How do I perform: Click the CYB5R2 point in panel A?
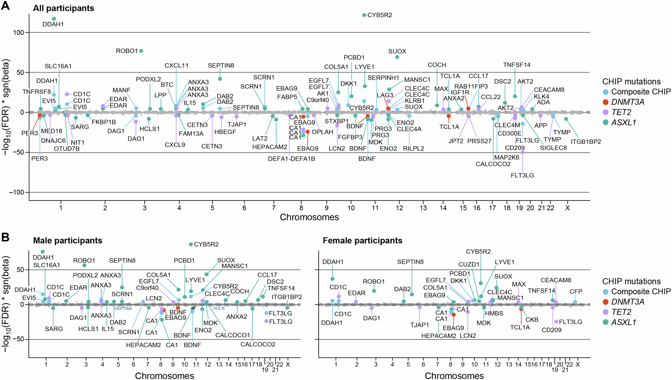[364, 15]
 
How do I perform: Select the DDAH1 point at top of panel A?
[54, 19]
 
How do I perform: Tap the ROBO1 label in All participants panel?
[127, 51]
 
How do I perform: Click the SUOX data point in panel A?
[397, 57]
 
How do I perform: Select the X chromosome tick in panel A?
[568, 208]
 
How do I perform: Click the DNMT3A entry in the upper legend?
[627, 102]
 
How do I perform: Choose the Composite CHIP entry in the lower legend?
[640, 292]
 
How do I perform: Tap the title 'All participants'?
[64, 8]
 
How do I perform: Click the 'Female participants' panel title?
[362, 241]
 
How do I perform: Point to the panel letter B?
[5, 238]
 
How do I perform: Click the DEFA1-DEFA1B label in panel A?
[291, 159]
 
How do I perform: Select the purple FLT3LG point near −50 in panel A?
[522, 153]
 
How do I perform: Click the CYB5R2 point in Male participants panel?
[191, 245]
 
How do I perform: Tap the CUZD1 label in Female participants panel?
[469, 265]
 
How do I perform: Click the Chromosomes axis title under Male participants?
[164, 376]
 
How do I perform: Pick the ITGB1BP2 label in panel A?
[586, 142]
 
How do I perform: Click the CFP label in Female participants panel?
[576, 292]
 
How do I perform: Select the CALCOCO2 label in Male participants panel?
[258, 344]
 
